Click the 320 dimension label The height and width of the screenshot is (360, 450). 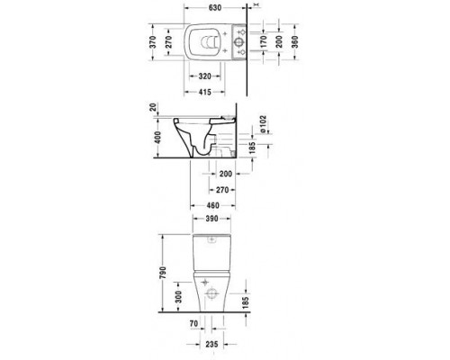[x=210, y=77]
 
